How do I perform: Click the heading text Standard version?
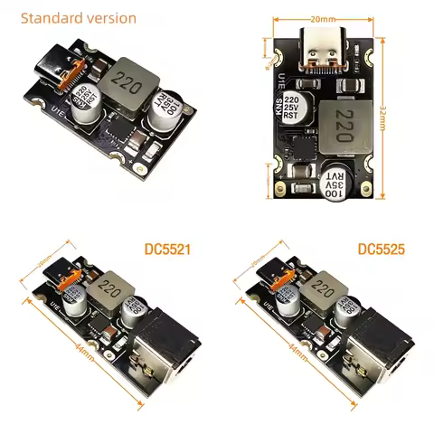click(x=78, y=18)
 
